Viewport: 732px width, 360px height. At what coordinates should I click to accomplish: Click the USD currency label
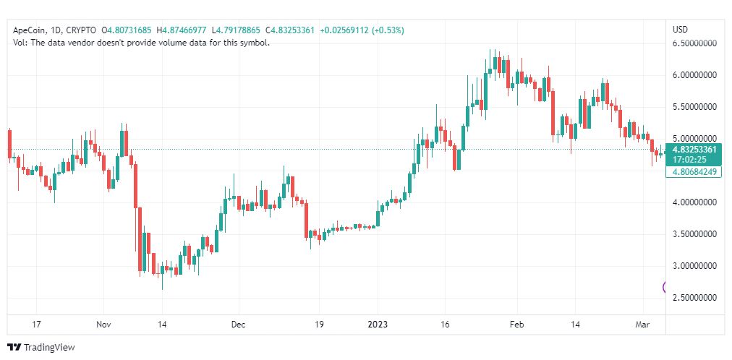pos(680,30)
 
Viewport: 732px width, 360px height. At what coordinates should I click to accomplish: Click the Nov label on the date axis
pos(104,325)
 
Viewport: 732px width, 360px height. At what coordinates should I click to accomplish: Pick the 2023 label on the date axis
pos(378,325)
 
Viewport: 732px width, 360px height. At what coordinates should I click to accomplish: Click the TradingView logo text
pos(49,348)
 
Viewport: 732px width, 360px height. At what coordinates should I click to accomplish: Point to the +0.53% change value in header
pos(387,30)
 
